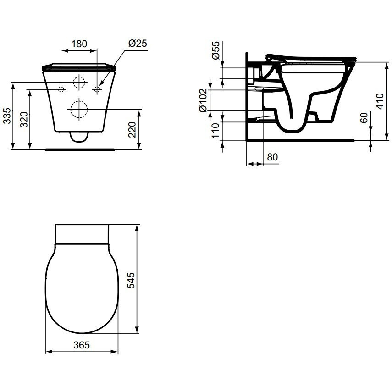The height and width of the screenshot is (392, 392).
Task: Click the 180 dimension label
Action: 79,44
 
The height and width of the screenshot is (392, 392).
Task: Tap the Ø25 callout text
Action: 138,43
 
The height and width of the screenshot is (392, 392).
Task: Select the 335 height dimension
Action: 7,116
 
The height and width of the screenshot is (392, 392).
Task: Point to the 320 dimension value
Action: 24,120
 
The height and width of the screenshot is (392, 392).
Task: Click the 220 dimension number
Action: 132,129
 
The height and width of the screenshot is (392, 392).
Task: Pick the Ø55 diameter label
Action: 216,50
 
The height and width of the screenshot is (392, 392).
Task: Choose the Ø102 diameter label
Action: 203,100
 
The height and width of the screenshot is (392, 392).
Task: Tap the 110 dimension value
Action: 215,130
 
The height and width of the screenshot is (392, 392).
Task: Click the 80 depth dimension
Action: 272,157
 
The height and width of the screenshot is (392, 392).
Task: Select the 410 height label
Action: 380,101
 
